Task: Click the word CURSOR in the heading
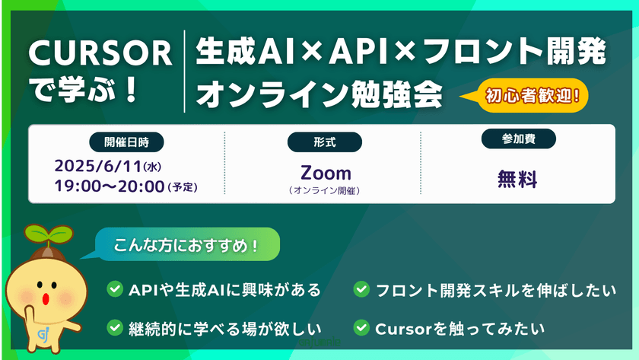(x=100, y=53)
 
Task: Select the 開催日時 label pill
(x=126, y=142)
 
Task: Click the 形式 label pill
(x=324, y=142)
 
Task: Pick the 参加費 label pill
(x=519, y=140)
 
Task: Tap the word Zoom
(x=325, y=173)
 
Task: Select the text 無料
(x=517, y=180)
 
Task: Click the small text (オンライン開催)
(x=325, y=191)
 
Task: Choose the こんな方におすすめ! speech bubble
(x=186, y=246)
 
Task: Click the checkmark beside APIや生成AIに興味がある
(x=115, y=289)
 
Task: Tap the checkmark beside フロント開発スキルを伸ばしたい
(x=361, y=289)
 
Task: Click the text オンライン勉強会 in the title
(x=319, y=94)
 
